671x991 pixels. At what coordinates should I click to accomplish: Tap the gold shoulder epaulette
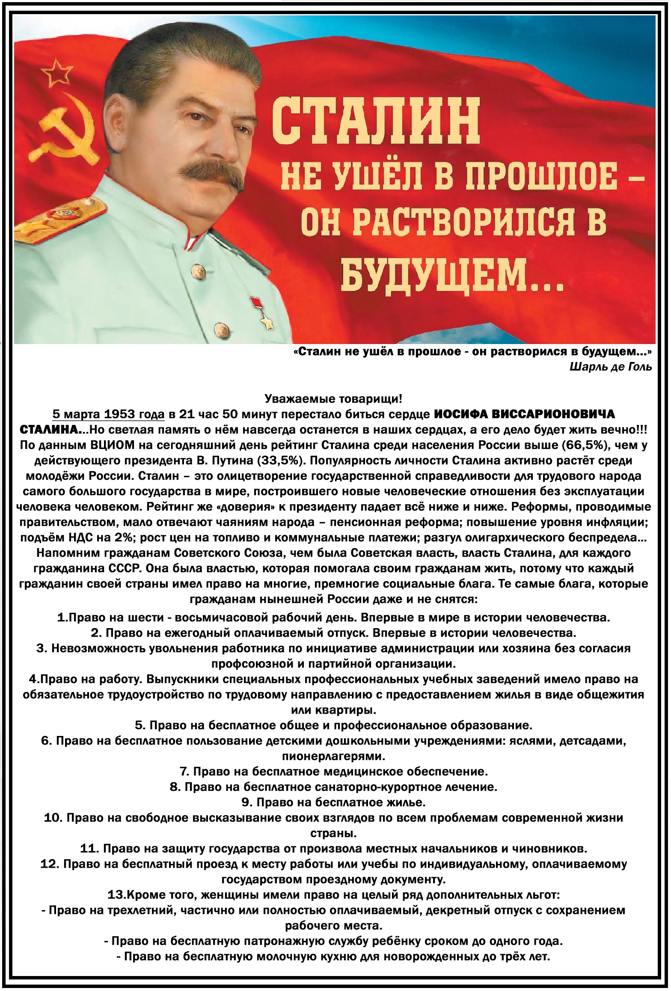(x=60, y=217)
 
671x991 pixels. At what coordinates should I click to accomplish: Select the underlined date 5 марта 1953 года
(x=108, y=414)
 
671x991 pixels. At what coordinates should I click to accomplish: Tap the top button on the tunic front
(x=197, y=269)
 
